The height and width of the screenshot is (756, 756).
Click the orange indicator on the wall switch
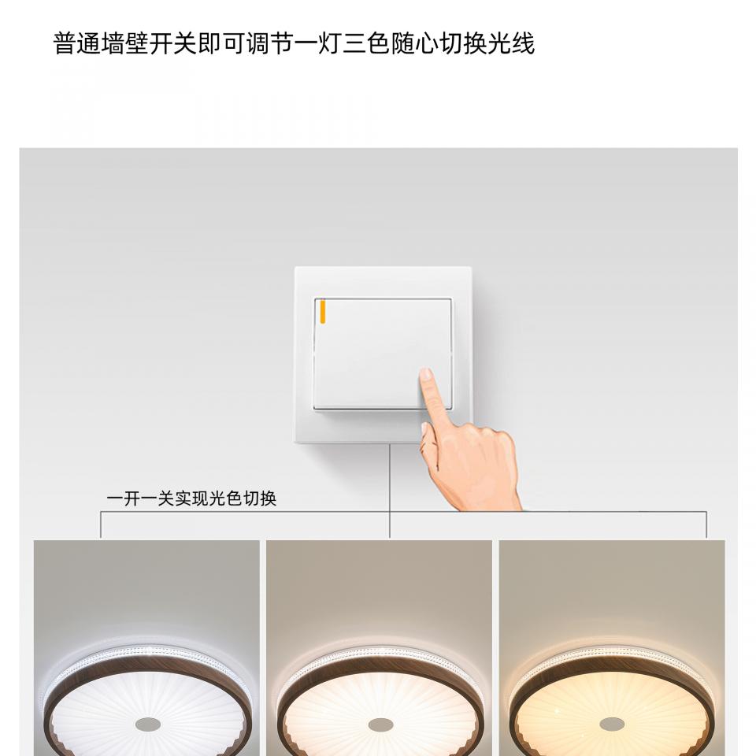click(323, 310)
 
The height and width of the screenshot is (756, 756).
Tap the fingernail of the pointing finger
click(426, 374)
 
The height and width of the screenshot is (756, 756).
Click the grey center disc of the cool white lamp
click(147, 724)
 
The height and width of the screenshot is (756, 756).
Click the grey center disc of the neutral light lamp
click(380, 724)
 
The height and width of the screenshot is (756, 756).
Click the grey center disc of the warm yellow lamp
click(612, 724)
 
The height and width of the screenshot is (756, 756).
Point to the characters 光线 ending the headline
click(512, 44)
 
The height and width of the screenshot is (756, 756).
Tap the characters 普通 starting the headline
click(76, 44)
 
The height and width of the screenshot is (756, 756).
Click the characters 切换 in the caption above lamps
click(260, 498)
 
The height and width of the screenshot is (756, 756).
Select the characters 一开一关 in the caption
click(140, 498)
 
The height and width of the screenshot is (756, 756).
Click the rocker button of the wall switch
click(383, 354)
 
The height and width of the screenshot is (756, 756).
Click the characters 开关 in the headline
click(173, 44)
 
